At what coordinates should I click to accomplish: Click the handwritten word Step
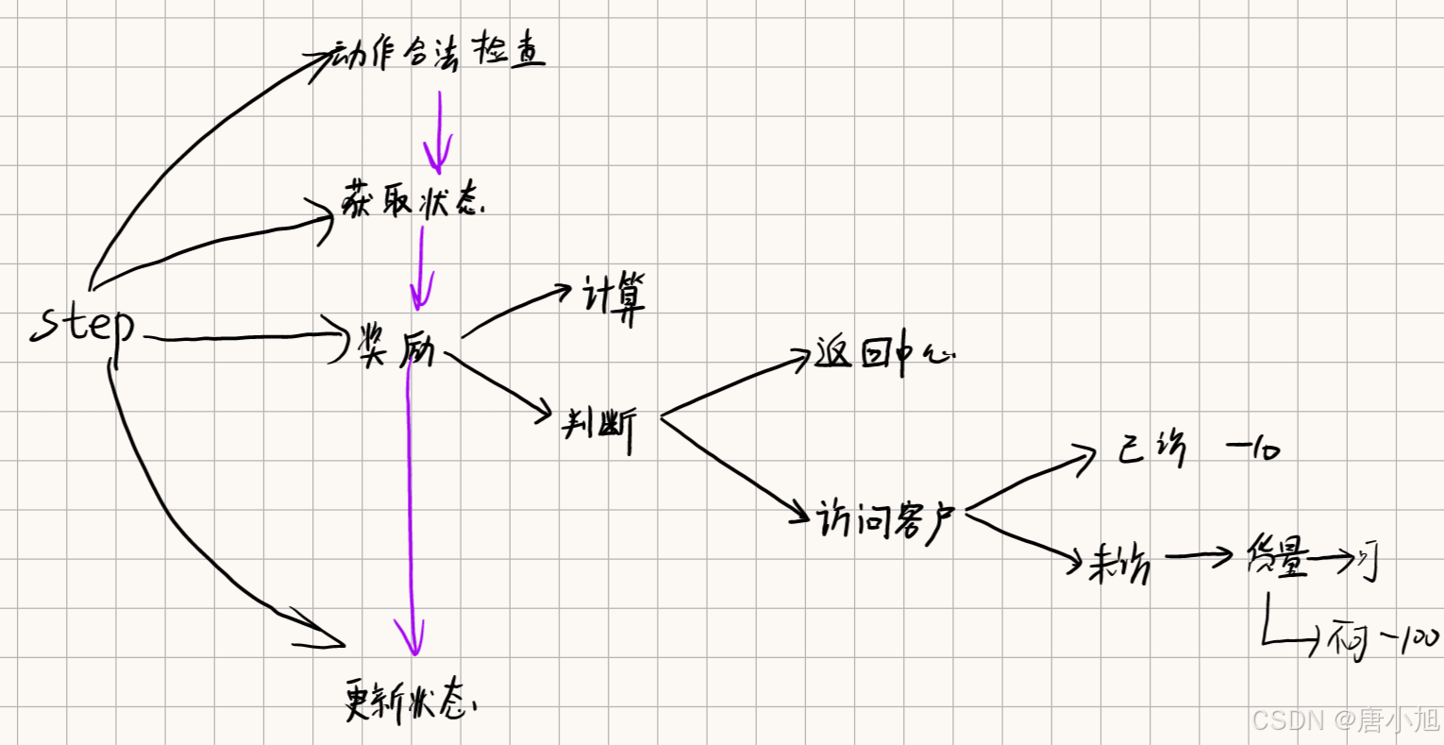[83, 327]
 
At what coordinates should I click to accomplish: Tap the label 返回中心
[883, 356]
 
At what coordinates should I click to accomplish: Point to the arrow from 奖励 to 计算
[519, 310]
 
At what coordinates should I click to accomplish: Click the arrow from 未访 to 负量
[1199, 557]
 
